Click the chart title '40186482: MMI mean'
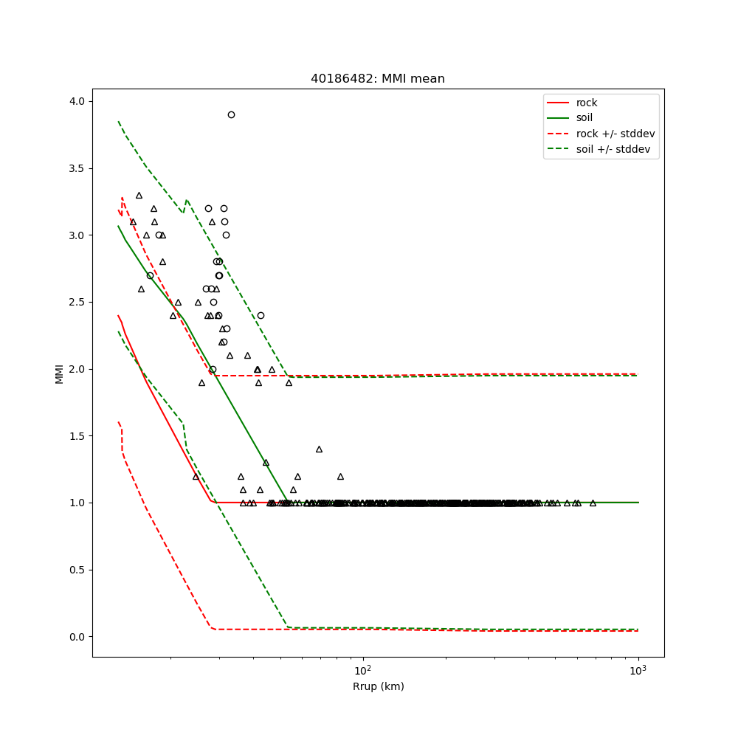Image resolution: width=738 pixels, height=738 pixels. (378, 79)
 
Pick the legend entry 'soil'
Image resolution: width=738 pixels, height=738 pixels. (584, 118)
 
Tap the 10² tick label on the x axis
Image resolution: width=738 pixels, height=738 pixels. (362, 669)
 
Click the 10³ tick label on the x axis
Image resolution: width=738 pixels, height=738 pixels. (638, 669)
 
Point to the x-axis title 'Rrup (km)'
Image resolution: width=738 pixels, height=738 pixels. (378, 686)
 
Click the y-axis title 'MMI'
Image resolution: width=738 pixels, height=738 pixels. (59, 373)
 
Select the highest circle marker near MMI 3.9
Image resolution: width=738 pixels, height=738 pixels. (231, 114)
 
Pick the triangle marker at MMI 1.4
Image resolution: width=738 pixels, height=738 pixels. (319, 449)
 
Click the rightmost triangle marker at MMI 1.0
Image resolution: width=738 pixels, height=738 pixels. (593, 503)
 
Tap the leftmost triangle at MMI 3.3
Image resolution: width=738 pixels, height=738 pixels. (139, 195)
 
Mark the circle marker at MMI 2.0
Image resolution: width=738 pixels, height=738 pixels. (213, 369)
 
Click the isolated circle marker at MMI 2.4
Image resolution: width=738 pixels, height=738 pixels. (261, 315)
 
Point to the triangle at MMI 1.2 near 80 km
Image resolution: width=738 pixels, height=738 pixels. (340, 476)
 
